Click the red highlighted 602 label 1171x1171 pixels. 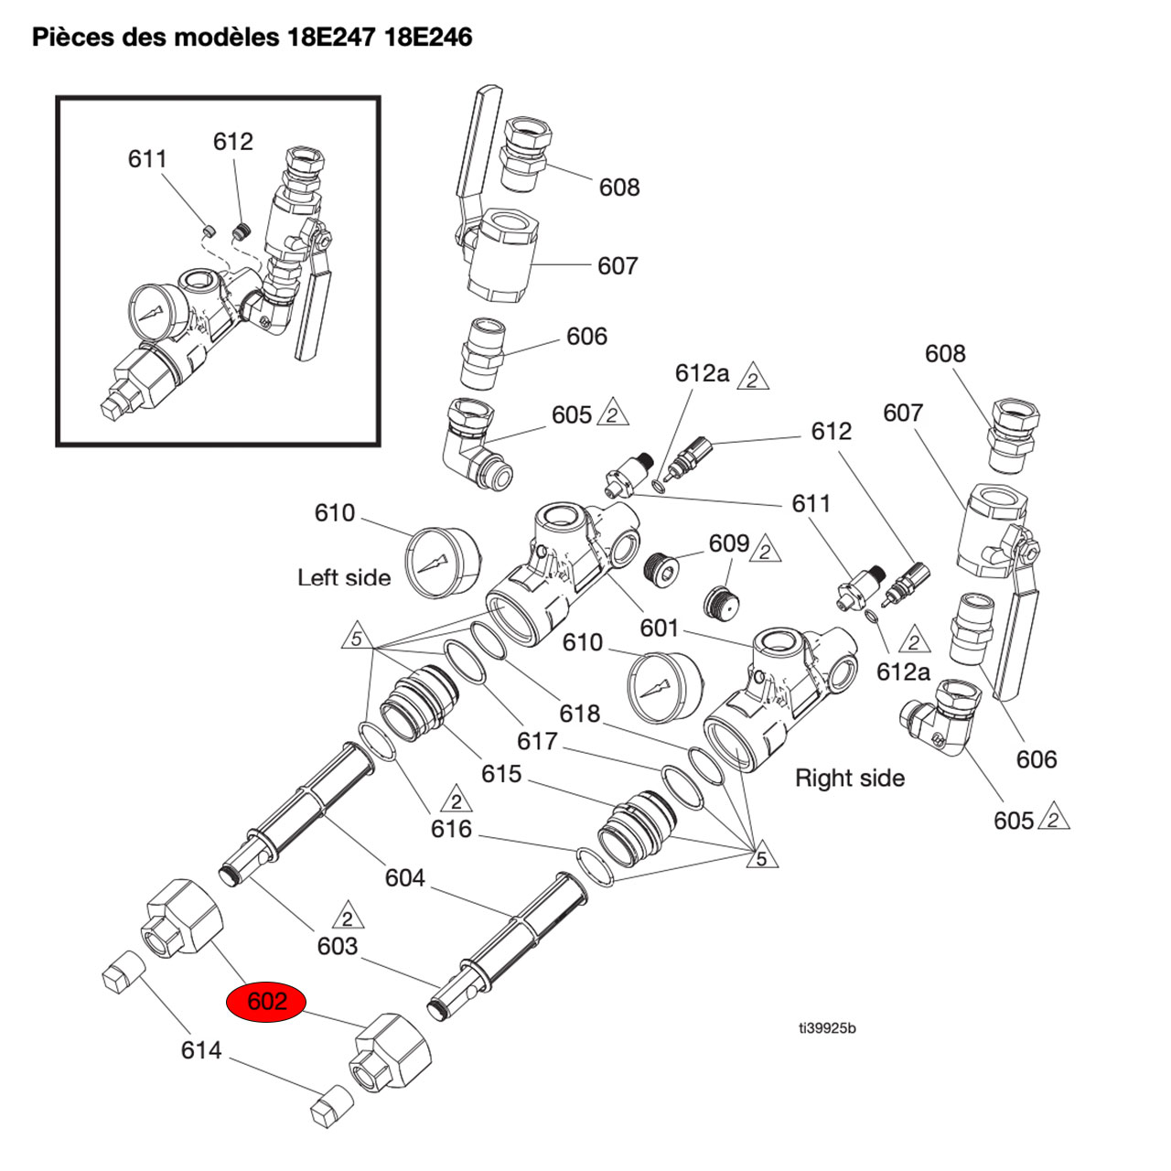(x=268, y=1002)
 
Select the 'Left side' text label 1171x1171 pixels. (x=343, y=577)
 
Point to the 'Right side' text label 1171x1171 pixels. (x=849, y=779)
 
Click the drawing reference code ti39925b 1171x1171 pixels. (x=826, y=1028)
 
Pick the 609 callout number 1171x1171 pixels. (x=728, y=543)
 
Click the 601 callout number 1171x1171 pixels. (x=659, y=628)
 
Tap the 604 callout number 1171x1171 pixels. (x=404, y=878)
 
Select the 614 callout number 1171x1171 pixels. (x=200, y=1050)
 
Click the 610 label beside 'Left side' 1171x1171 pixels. (x=334, y=512)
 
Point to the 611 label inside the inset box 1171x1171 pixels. (x=147, y=159)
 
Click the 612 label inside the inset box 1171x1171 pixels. (x=232, y=142)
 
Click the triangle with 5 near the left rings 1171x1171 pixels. (x=356, y=637)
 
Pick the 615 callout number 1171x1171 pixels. (x=501, y=774)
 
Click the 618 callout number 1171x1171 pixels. (x=581, y=713)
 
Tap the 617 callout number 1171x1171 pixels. (x=537, y=740)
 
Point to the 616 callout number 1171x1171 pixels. (x=451, y=829)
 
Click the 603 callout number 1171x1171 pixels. (x=337, y=946)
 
